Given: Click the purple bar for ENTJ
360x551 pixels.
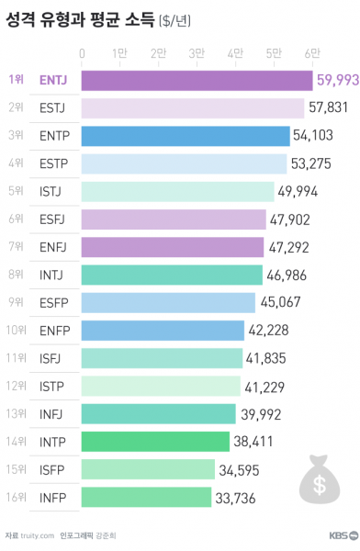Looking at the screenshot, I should [x=197, y=80].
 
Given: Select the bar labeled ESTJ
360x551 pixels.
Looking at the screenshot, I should [x=193, y=108].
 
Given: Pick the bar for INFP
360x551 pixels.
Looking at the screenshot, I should [x=146, y=498].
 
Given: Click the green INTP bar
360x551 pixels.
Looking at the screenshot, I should [x=155, y=442].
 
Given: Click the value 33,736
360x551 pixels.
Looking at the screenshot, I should [x=236, y=498].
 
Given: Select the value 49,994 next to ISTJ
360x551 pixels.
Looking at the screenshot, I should [x=298, y=191].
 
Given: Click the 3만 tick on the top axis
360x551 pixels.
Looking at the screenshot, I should [x=197, y=54].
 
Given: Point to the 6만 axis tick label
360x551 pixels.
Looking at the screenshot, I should [x=312, y=54].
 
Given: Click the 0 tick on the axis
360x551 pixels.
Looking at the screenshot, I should [x=83, y=54].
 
